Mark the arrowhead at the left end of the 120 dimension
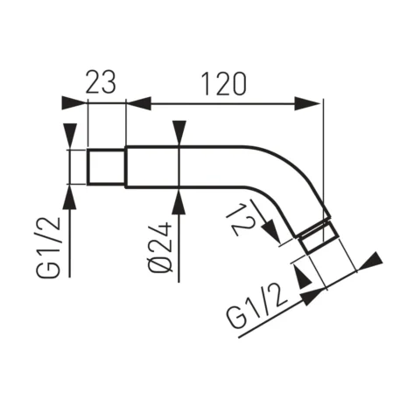tap(140, 104)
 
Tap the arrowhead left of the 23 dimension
tap(76, 104)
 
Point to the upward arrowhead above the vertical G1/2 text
tap(69, 196)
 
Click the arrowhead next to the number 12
tap(273, 236)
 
